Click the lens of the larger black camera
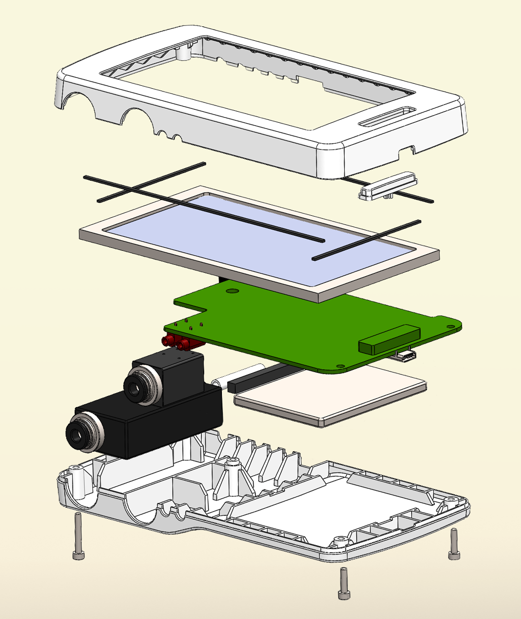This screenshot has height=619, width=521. pos(77,435)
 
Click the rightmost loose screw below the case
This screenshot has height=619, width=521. pos(453,544)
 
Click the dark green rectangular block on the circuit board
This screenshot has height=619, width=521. pos(389,339)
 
